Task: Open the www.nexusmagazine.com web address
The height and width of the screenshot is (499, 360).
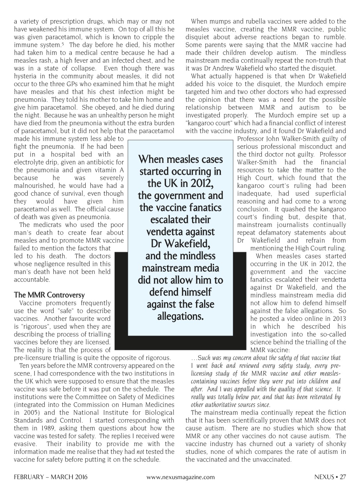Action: point(180,477)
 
